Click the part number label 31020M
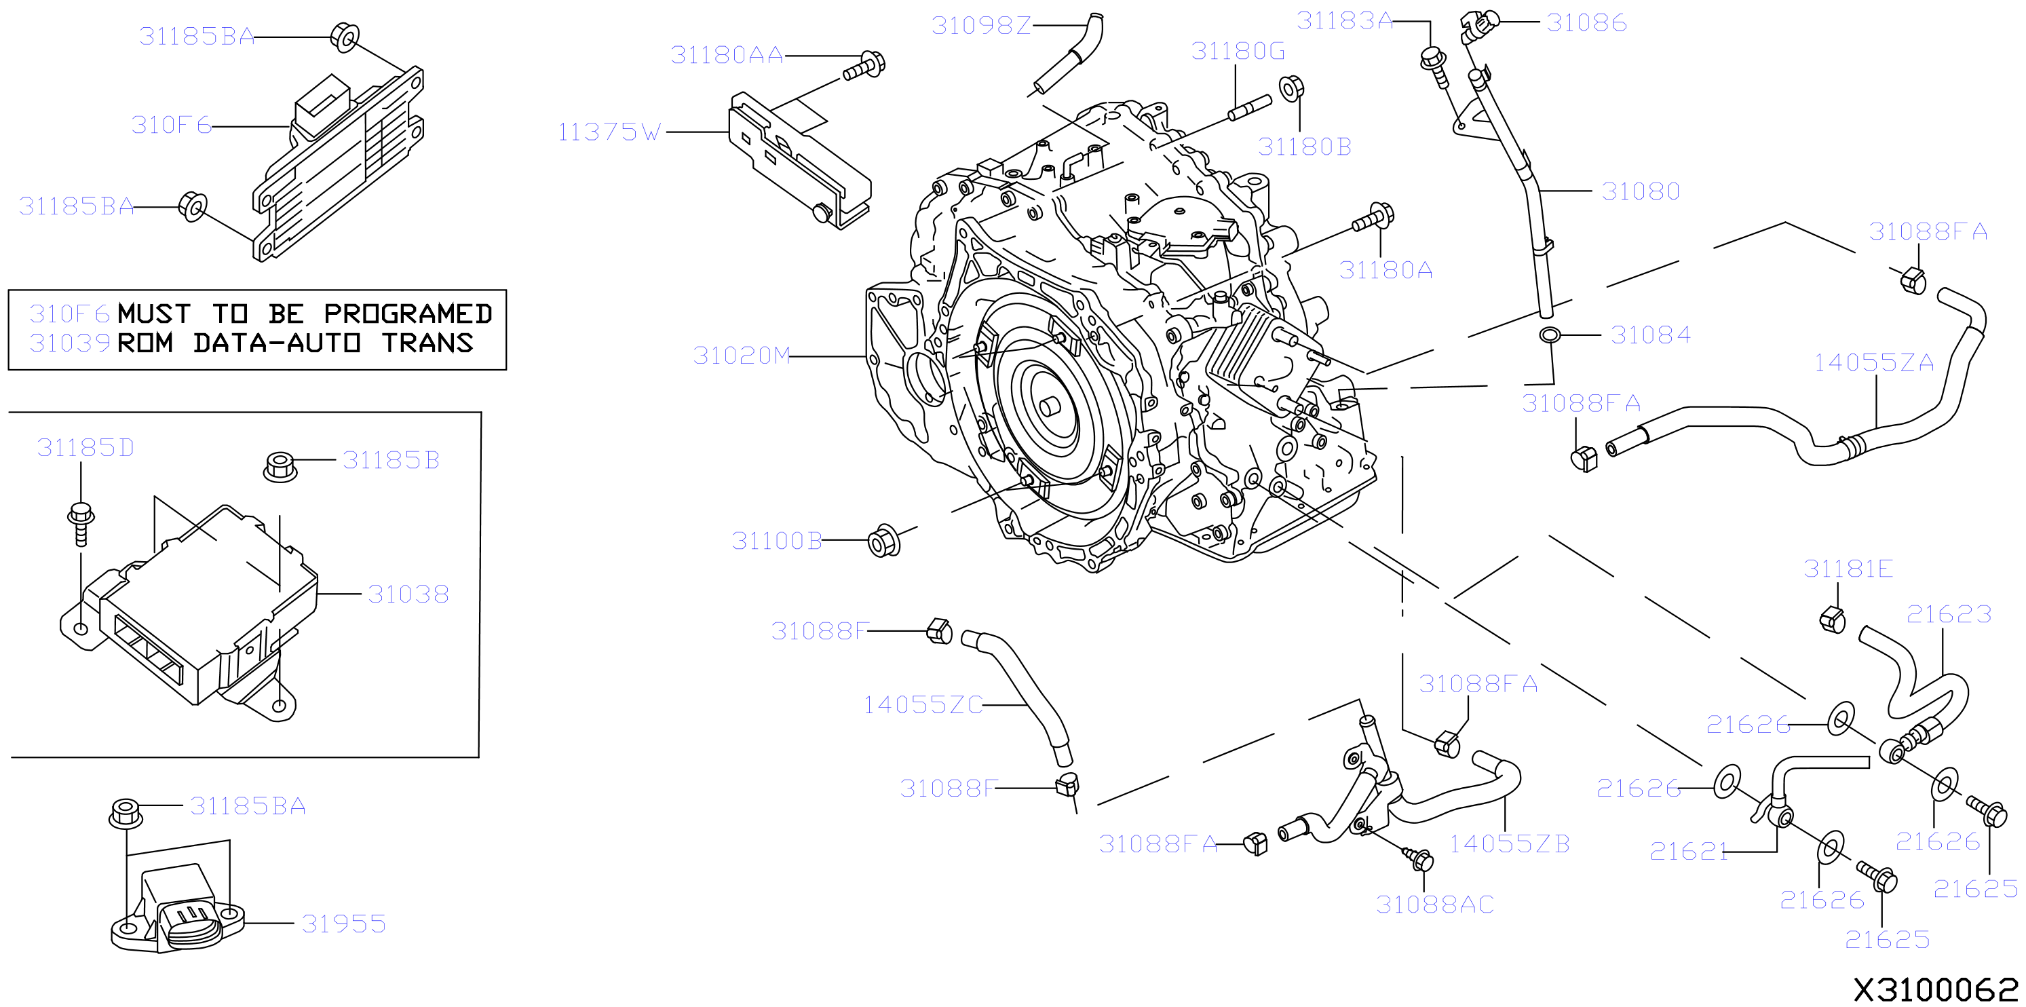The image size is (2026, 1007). pos(741,356)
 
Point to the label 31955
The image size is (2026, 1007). pos(344,924)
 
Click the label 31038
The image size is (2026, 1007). pos(408,594)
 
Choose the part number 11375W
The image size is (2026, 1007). pos(609,132)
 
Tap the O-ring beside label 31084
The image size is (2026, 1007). pos(1550,335)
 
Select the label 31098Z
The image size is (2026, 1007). pos(980,26)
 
